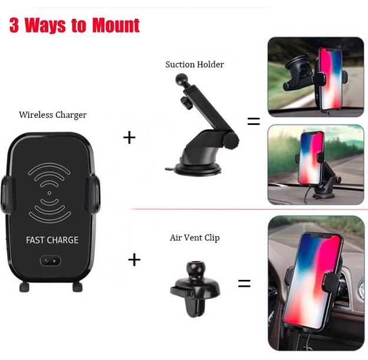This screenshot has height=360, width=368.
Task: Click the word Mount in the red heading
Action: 116,25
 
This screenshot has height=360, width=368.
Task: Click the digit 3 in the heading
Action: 14,25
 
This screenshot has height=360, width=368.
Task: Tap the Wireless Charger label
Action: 53,115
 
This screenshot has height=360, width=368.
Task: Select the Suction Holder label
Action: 195,64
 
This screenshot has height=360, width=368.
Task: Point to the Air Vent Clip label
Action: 195,237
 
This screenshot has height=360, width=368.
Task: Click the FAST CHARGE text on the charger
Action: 52,240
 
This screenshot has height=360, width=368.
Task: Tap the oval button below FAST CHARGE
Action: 51,260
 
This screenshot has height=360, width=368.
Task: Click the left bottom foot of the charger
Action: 24,287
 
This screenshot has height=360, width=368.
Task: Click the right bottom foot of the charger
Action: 77,287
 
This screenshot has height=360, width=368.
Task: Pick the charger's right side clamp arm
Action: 93,194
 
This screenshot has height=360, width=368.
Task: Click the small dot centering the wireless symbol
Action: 50,193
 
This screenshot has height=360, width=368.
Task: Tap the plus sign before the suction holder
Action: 129,137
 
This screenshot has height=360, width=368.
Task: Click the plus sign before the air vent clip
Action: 134,260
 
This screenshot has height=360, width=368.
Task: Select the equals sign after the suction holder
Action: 254,121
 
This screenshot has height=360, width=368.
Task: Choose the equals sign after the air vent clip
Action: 244,283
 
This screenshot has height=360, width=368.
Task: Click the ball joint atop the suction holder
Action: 181,80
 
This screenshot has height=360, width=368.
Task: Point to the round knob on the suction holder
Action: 231,140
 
